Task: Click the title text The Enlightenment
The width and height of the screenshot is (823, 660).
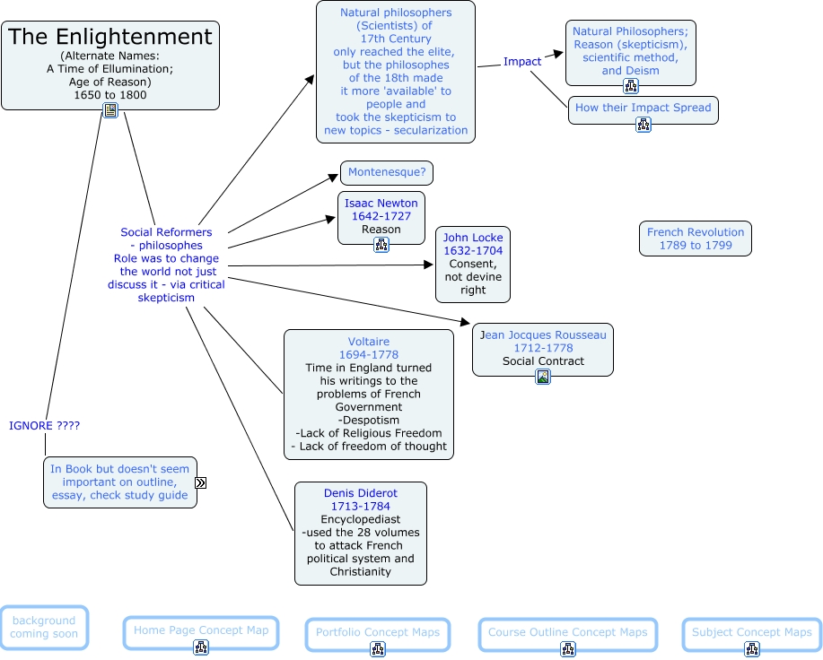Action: pyautogui.click(x=110, y=38)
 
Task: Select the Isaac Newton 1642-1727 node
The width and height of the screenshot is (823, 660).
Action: pyautogui.click(x=381, y=216)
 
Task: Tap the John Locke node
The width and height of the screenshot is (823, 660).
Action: pyautogui.click(x=473, y=264)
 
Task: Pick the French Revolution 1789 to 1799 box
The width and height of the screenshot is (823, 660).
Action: pyautogui.click(x=696, y=239)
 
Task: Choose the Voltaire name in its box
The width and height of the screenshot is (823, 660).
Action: pyautogui.click(x=369, y=342)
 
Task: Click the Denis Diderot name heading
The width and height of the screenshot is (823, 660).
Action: pyautogui.click(x=360, y=493)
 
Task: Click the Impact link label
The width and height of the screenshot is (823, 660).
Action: pyautogui.click(x=522, y=62)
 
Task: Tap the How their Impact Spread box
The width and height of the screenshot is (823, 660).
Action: pyautogui.click(x=643, y=108)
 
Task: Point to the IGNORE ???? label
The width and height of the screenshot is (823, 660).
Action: pyautogui.click(x=45, y=426)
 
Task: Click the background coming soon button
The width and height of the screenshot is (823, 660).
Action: pyautogui.click(x=44, y=627)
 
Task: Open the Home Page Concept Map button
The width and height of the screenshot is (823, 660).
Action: pyautogui.click(x=201, y=630)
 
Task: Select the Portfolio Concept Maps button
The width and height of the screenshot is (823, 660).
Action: pyautogui.click(x=378, y=633)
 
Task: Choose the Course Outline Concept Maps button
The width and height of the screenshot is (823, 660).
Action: pyautogui.click(x=567, y=633)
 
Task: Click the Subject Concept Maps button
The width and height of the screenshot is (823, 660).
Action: pyautogui.click(x=751, y=633)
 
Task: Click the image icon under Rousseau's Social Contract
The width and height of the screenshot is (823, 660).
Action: pyautogui.click(x=543, y=377)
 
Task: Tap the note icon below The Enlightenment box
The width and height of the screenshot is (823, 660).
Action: pyautogui.click(x=110, y=110)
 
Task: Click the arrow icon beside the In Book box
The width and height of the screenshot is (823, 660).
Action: pyautogui.click(x=201, y=482)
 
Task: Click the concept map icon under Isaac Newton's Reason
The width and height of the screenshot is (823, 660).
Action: pyautogui.click(x=381, y=245)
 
